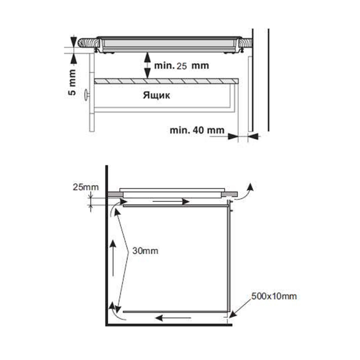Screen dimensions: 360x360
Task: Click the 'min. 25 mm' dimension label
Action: coord(181,66)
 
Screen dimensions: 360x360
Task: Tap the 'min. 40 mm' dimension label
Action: coord(197,130)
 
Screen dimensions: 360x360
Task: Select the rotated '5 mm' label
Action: coord(72,82)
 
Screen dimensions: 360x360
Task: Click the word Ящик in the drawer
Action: coord(156,95)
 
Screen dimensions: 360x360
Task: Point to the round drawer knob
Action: coord(87,95)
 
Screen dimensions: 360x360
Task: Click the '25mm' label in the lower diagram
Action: coord(86,187)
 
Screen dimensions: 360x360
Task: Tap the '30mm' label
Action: coord(145,251)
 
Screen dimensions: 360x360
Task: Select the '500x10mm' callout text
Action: coord(274,296)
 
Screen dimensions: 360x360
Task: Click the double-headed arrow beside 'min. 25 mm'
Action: coord(147,66)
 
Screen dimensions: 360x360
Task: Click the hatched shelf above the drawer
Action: coord(166,81)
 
